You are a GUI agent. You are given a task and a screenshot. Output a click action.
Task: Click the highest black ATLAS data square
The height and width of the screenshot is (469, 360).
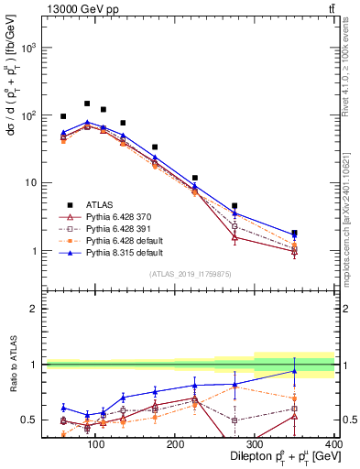click(x=87, y=104)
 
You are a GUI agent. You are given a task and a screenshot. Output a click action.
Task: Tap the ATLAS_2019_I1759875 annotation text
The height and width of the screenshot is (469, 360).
click(x=191, y=274)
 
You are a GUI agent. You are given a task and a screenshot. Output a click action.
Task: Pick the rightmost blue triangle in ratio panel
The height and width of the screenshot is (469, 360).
click(x=320, y=371)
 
